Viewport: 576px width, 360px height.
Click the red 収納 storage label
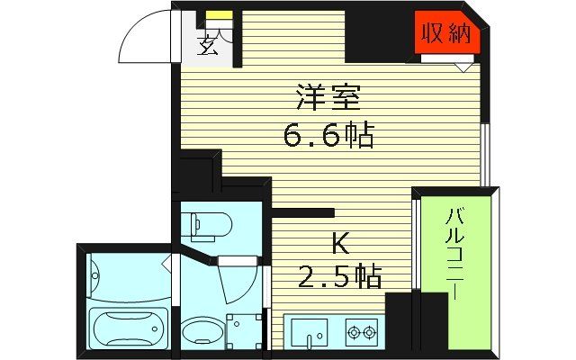coord(445,35)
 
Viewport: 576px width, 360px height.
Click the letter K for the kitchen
coord(340,242)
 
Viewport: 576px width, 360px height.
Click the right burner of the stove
coord(368,334)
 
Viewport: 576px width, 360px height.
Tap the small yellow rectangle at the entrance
coord(217,15)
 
